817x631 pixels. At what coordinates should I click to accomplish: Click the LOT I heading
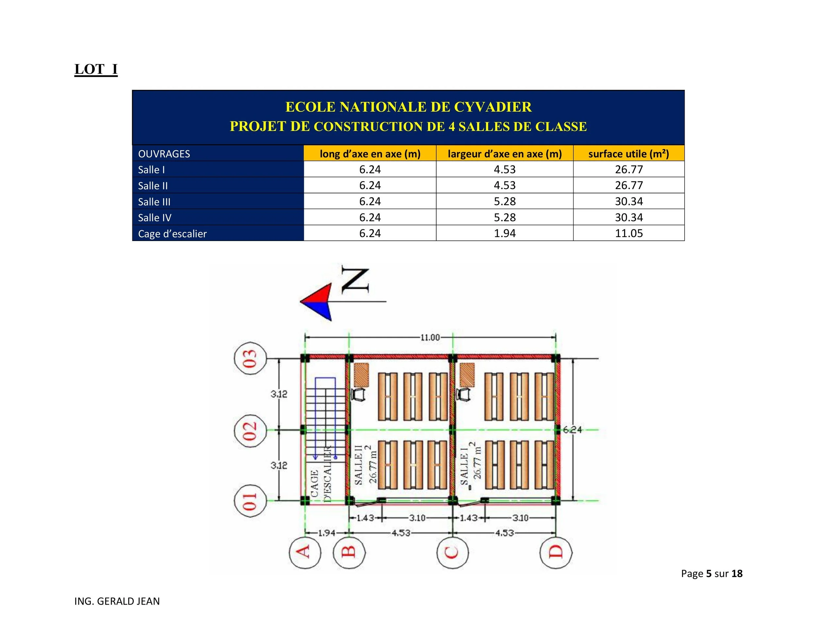(x=96, y=70)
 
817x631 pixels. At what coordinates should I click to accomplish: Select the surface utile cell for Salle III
(x=628, y=202)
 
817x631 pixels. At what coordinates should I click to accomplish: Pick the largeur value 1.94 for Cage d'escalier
(x=504, y=233)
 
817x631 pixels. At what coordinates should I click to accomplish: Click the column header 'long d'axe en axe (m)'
(x=370, y=154)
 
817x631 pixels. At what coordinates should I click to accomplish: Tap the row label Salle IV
(x=155, y=218)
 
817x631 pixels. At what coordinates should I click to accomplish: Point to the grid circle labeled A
(x=305, y=552)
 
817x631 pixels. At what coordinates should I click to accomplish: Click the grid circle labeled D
(x=556, y=552)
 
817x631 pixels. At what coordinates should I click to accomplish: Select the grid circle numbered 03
(x=250, y=358)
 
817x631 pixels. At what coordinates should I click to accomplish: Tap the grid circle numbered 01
(x=250, y=500)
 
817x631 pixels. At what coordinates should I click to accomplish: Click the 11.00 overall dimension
(x=430, y=338)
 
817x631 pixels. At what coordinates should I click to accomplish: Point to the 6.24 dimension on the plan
(x=572, y=430)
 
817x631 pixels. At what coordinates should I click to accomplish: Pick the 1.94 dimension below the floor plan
(x=326, y=533)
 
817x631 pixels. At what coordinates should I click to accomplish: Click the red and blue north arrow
(x=317, y=302)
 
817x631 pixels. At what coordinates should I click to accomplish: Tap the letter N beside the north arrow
(x=355, y=280)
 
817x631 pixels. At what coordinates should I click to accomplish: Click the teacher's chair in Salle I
(x=465, y=395)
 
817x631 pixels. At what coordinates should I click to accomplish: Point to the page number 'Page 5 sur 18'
(x=711, y=574)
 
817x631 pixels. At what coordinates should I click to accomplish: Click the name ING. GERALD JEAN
(x=117, y=601)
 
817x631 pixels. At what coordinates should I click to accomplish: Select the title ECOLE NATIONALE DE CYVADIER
(x=408, y=107)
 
